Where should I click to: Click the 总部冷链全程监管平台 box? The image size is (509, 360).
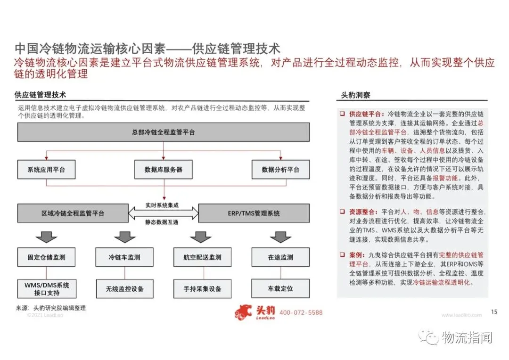point(164,132)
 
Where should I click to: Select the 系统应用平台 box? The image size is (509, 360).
point(46,170)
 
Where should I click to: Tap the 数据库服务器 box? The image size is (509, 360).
point(164,170)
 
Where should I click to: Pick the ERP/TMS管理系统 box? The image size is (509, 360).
point(254,213)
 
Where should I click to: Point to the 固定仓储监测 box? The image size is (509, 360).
point(46,257)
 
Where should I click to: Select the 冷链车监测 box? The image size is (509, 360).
point(124,257)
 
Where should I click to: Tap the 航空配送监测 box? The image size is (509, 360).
point(203,257)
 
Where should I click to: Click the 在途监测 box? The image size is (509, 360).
point(280,257)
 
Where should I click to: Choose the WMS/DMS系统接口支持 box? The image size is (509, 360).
point(46,288)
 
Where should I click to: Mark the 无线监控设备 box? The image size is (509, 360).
point(124,288)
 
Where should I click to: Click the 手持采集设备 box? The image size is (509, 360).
point(203,288)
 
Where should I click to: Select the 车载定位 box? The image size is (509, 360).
point(280,288)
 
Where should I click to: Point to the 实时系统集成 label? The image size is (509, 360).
point(163,206)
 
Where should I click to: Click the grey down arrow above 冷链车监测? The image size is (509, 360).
point(124,237)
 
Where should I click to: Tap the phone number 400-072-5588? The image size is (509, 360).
point(301,313)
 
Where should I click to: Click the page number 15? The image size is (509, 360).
point(494,311)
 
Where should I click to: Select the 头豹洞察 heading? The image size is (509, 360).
point(356,95)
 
